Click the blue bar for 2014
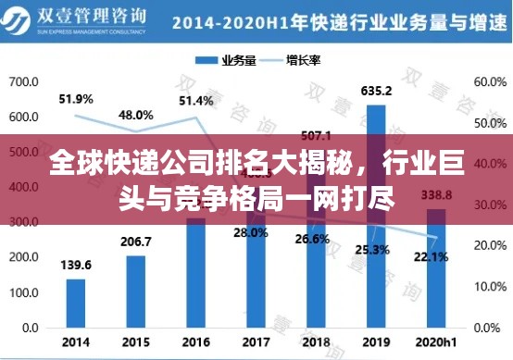click(x=76, y=304)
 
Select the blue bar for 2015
click(x=136, y=291)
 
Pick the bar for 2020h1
click(x=435, y=268)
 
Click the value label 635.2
click(x=375, y=91)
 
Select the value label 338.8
click(x=435, y=195)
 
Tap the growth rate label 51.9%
click(x=76, y=98)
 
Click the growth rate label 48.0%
click(x=136, y=115)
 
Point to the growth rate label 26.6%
click(x=314, y=239)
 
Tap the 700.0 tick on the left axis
click(x=23, y=82)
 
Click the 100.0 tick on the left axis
click(x=23, y=293)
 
